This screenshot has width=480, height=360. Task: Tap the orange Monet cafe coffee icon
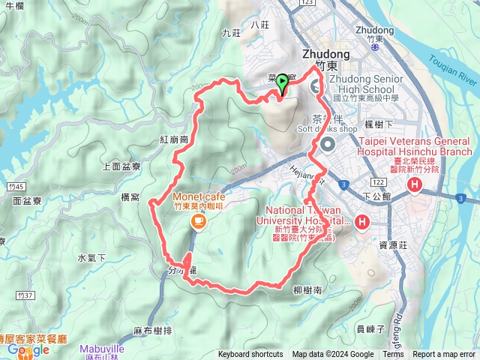tap(198, 220)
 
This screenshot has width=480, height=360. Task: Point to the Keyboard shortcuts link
tap(250, 355)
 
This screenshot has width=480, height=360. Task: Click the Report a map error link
tap(444, 355)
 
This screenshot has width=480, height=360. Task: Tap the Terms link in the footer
tap(393, 355)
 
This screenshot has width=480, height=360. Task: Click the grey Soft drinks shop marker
tap(327, 144)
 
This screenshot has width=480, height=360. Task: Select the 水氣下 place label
tap(91, 258)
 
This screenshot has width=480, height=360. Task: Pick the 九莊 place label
tap(231, 33)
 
